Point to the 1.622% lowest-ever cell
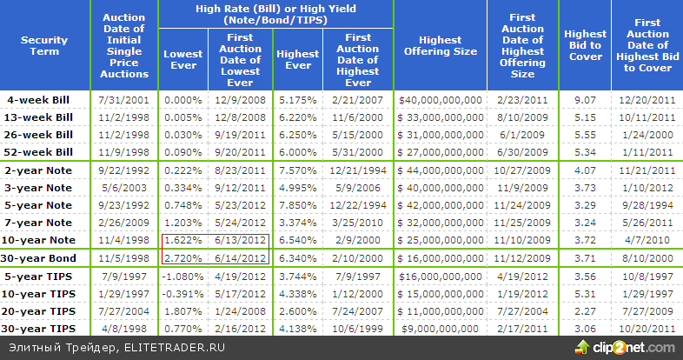183,240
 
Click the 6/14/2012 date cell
239,258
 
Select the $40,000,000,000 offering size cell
440,100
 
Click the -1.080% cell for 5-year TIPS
183,277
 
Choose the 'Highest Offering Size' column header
440,45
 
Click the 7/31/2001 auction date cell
123,100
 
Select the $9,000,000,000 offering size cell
440,328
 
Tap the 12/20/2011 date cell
647,100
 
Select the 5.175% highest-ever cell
297,100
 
